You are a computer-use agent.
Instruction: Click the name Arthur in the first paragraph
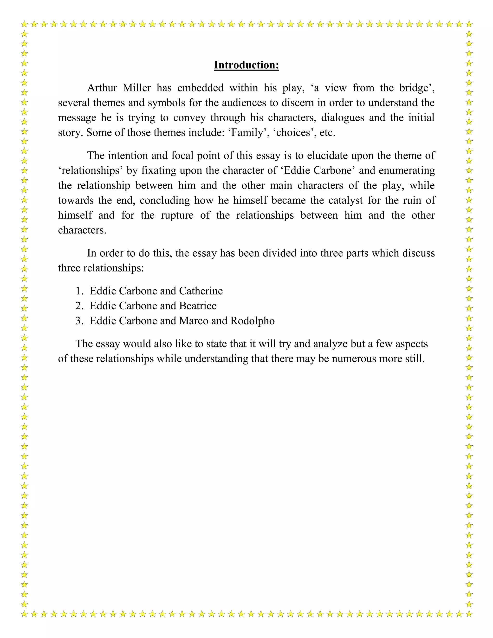point(102,88)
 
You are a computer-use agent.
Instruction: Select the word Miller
point(137,88)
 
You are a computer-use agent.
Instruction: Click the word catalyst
point(345,200)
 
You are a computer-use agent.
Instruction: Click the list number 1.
point(79,291)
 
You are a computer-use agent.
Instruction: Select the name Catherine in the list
point(201,291)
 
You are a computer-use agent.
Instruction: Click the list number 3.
point(79,321)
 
